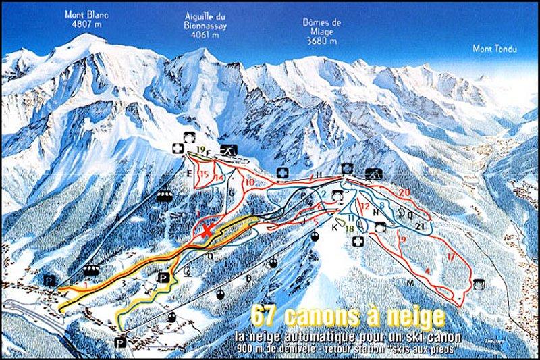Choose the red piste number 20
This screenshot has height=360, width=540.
coord(404,192)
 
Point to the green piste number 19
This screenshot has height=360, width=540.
coord(200,149)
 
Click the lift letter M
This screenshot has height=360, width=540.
coord(408,281)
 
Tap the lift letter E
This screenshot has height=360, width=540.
coord(191,174)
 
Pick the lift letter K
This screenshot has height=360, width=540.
coord(333,227)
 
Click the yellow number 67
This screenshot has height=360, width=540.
coord(263,315)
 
